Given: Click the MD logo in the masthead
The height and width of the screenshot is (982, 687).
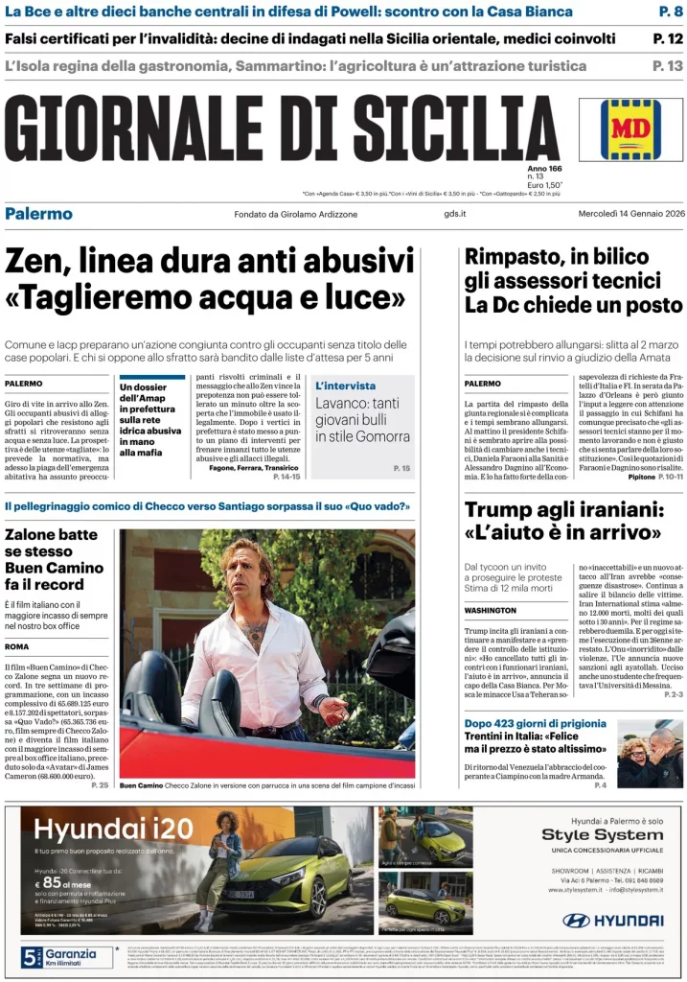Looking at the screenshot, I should point(630,129).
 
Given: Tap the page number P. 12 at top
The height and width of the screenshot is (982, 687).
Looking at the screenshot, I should point(668,39).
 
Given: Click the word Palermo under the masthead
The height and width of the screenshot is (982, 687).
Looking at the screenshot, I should point(38,213).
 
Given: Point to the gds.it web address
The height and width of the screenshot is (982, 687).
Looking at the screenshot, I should point(455,214).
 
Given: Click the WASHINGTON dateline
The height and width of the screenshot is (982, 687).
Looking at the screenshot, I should point(491,610).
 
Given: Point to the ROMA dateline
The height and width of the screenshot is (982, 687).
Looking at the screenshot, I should point(16,646).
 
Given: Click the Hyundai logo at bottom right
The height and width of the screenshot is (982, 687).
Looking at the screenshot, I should point(612,921).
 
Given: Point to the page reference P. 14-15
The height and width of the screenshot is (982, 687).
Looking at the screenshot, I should point(286,476).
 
